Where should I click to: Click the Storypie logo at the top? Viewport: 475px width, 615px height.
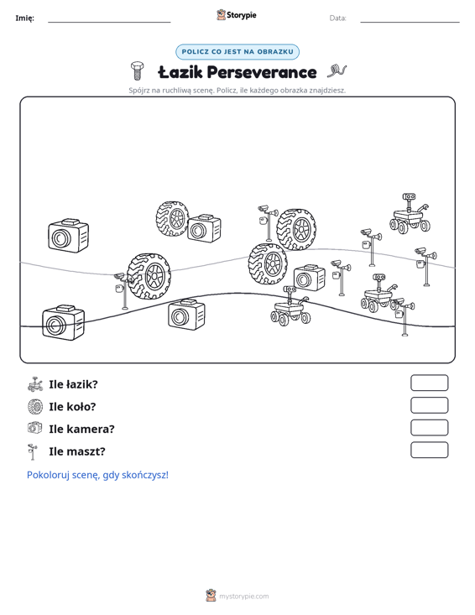(x=237, y=15)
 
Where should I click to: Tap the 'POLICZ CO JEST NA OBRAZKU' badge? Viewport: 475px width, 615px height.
(x=237, y=52)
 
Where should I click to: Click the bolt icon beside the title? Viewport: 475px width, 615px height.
(x=137, y=70)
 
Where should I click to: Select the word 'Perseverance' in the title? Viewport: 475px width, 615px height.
(x=262, y=72)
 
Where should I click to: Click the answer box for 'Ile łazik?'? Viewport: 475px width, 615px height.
(x=429, y=383)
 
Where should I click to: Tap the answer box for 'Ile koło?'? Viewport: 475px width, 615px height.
(x=429, y=405)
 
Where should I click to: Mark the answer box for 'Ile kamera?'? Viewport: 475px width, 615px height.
(x=429, y=428)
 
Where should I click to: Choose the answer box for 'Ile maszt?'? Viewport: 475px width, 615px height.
(x=429, y=450)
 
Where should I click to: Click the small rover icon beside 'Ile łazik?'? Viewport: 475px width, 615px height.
(x=35, y=384)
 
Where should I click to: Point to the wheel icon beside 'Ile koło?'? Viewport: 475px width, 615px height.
(x=35, y=407)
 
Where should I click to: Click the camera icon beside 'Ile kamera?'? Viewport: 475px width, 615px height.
(x=35, y=428)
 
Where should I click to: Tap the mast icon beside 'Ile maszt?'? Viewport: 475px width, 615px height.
(x=33, y=452)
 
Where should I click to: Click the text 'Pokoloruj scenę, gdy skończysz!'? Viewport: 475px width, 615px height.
(x=97, y=475)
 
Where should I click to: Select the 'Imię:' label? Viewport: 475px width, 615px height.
(x=24, y=18)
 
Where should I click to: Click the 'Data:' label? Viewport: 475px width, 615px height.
(x=337, y=18)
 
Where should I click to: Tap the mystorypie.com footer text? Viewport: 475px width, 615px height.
(x=244, y=597)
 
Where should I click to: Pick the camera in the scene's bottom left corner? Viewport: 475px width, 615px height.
(x=63, y=322)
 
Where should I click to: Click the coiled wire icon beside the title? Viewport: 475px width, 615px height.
(x=337, y=71)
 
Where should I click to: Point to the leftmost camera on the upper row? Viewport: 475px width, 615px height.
(x=68, y=235)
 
